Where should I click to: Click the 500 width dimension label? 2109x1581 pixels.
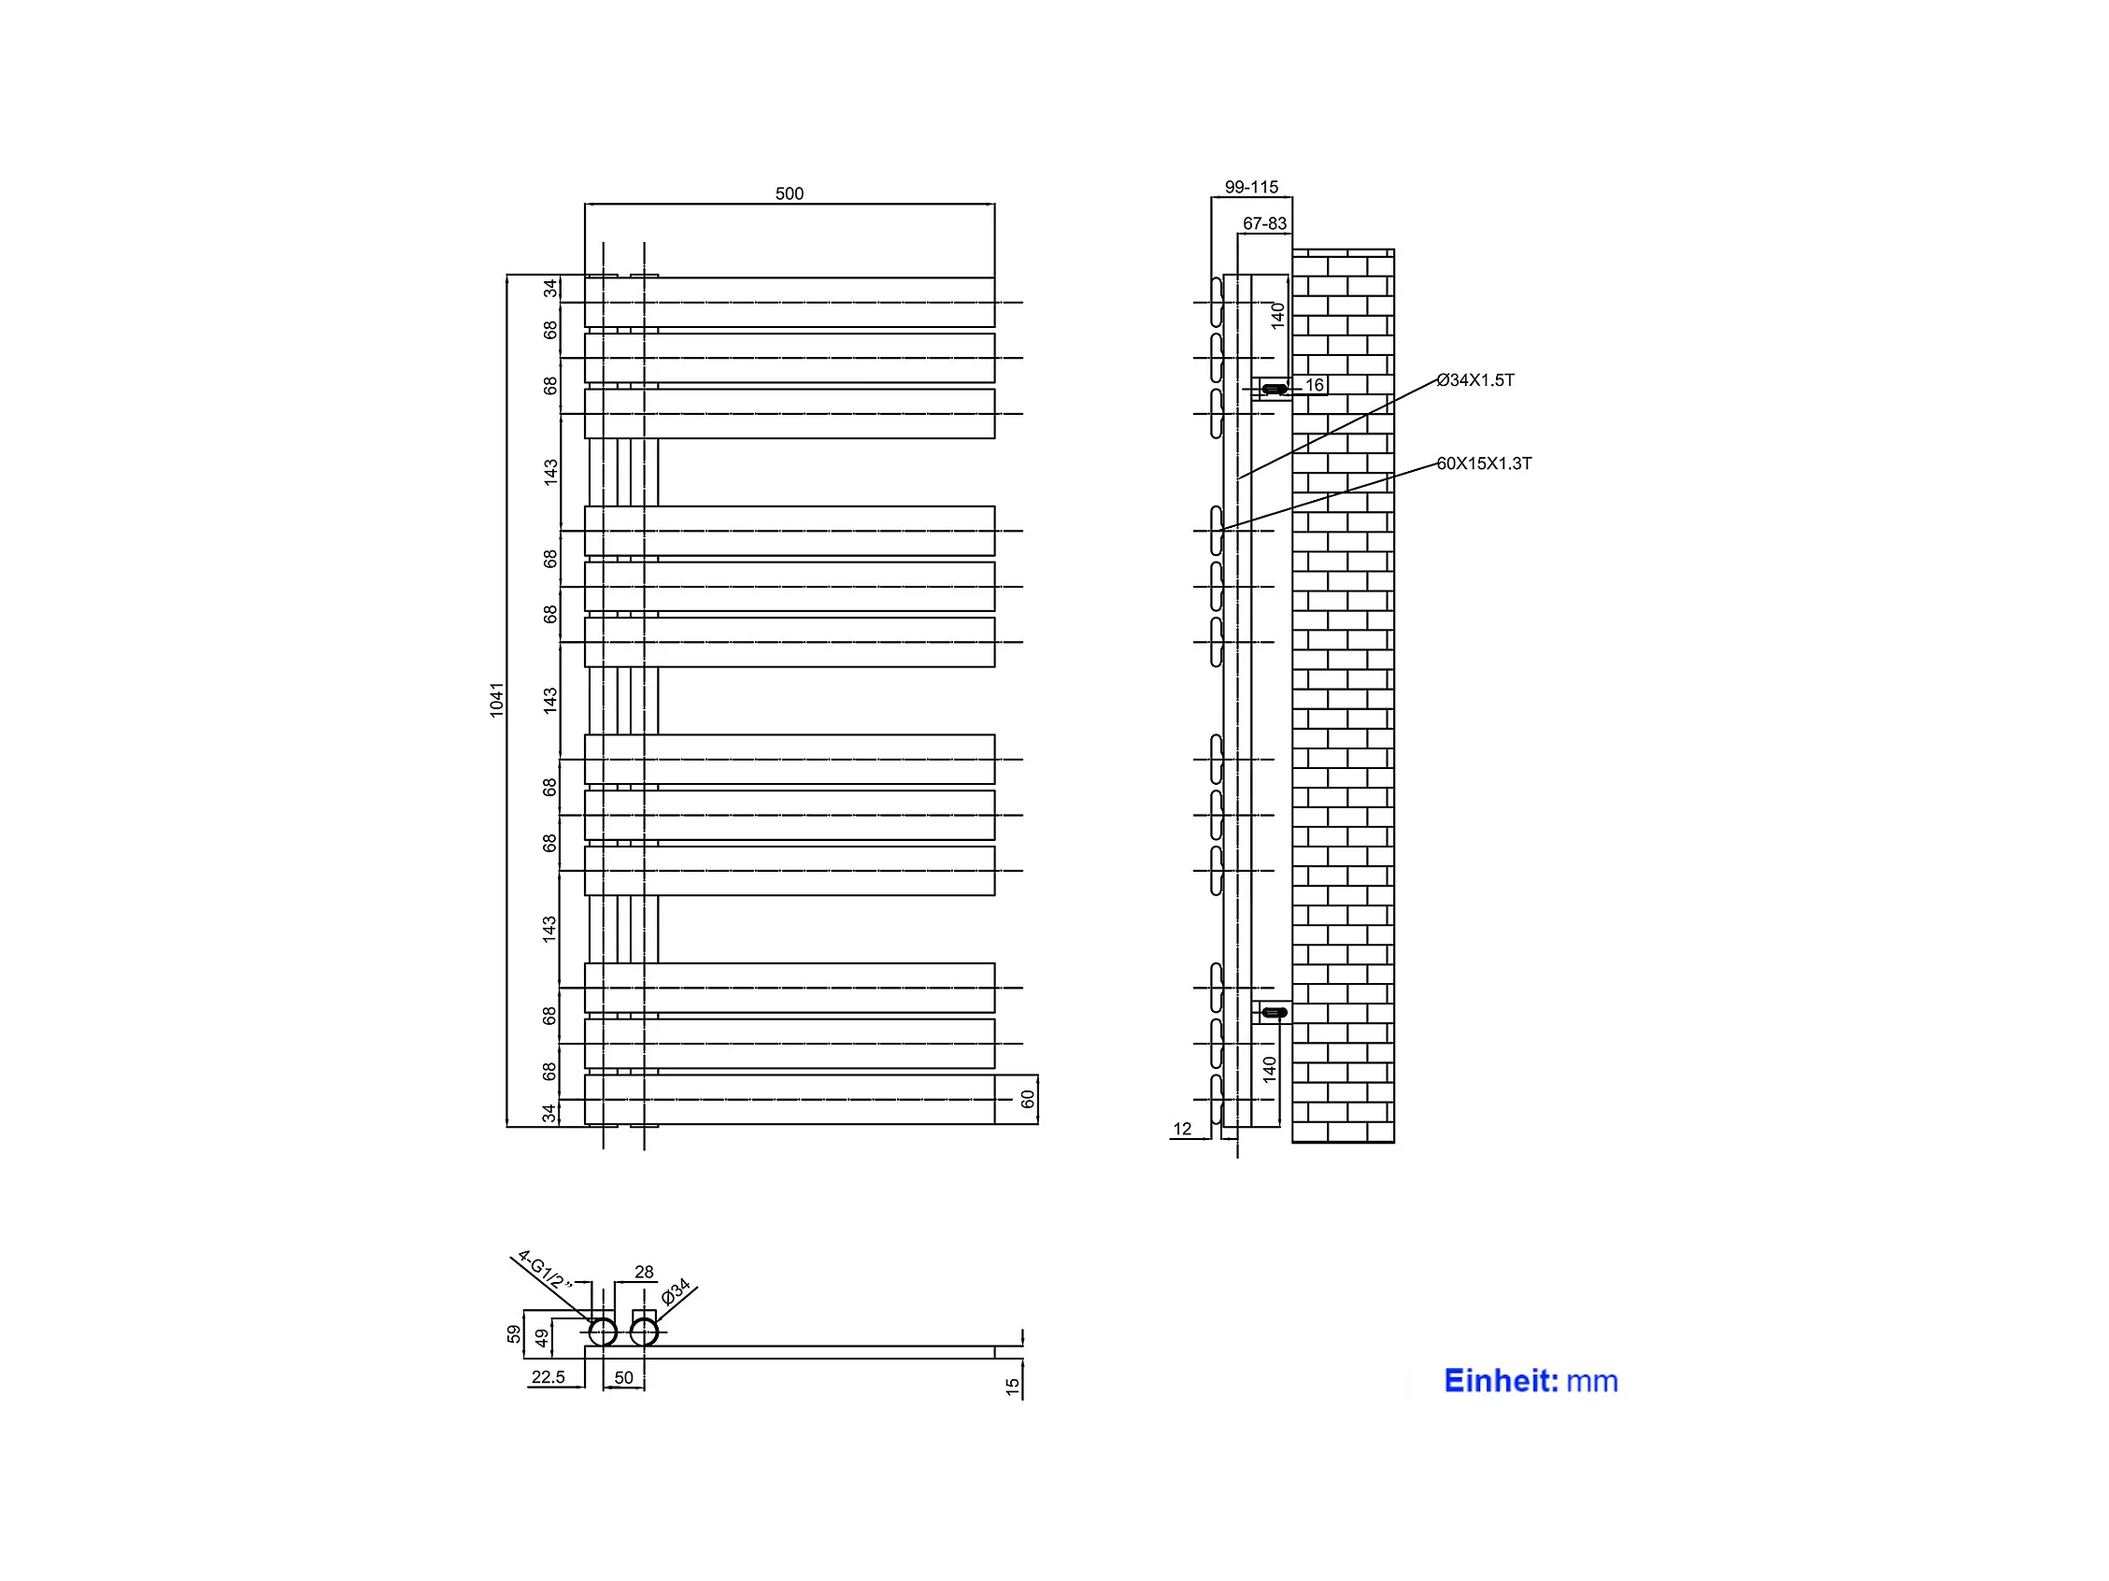[789, 193]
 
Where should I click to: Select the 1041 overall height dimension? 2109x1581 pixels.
[497, 699]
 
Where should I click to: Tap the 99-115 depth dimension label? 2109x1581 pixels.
[1251, 188]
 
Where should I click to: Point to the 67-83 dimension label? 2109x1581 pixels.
[1264, 224]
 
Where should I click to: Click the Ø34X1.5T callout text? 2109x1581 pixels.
[1475, 380]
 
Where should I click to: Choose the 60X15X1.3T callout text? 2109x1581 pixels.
[1484, 463]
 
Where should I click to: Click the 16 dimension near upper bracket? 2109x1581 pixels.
[1315, 385]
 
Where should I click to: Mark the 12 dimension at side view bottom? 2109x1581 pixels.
[1182, 1129]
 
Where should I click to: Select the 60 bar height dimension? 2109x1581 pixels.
[1027, 1100]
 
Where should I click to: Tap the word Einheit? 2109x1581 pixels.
[1501, 1381]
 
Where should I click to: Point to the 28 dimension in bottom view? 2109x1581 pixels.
[644, 1272]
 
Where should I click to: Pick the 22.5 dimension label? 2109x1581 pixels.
[549, 1377]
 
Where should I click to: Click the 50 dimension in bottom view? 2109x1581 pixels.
[623, 1378]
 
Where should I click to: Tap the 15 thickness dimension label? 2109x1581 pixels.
[1013, 1387]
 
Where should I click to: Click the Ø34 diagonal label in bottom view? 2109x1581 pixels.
[675, 1292]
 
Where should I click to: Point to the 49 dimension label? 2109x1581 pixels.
[543, 1339]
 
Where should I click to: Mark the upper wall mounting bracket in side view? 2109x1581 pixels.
[1274, 389]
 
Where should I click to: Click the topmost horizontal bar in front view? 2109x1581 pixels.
[790, 303]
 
